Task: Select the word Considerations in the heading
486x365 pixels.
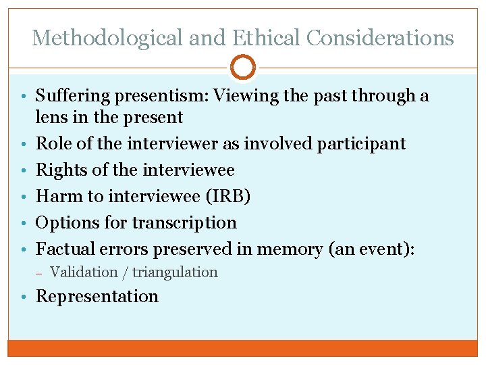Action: pyautogui.click(x=380, y=38)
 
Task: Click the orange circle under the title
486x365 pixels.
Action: pyautogui.click(x=243, y=68)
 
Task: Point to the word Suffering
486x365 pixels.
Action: pyautogui.click(x=72, y=96)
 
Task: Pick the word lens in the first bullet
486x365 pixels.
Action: pyautogui.click(x=51, y=118)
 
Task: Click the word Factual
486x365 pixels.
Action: pyautogui.click(x=63, y=249)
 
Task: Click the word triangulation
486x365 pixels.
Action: pyautogui.click(x=175, y=272)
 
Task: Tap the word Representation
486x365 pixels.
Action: pyautogui.click(x=97, y=296)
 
